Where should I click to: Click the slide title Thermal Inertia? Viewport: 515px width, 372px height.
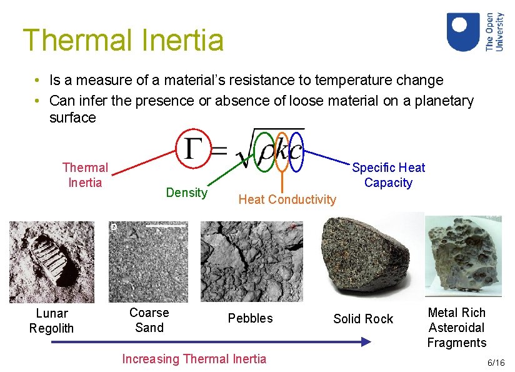123,41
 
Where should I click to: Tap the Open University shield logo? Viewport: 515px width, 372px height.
463,33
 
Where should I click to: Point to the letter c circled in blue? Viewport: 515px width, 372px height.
296,151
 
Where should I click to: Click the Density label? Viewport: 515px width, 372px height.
186,193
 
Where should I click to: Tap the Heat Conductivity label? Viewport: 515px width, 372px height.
287,199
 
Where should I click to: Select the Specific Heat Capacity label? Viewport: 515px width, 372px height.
388,175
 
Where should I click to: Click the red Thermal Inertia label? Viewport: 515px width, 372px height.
85,175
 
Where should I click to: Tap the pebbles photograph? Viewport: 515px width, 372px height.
251,262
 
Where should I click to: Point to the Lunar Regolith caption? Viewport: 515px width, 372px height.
51,321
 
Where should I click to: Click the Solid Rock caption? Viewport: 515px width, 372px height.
363,319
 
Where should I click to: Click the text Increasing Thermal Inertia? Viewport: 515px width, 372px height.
194,359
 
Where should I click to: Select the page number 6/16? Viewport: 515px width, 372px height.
496,363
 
